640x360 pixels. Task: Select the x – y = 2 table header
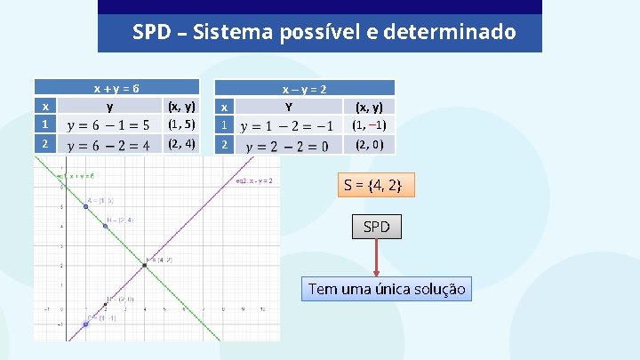[304, 89]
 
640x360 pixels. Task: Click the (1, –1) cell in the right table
[369, 124]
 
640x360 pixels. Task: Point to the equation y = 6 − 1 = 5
[109, 124]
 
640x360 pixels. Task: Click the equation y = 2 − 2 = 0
[287, 145]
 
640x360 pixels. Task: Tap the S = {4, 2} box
[373, 186]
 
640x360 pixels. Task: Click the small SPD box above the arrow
[377, 227]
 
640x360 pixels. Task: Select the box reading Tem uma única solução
[387, 289]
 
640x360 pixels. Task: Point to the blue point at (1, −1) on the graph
[86, 324]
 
